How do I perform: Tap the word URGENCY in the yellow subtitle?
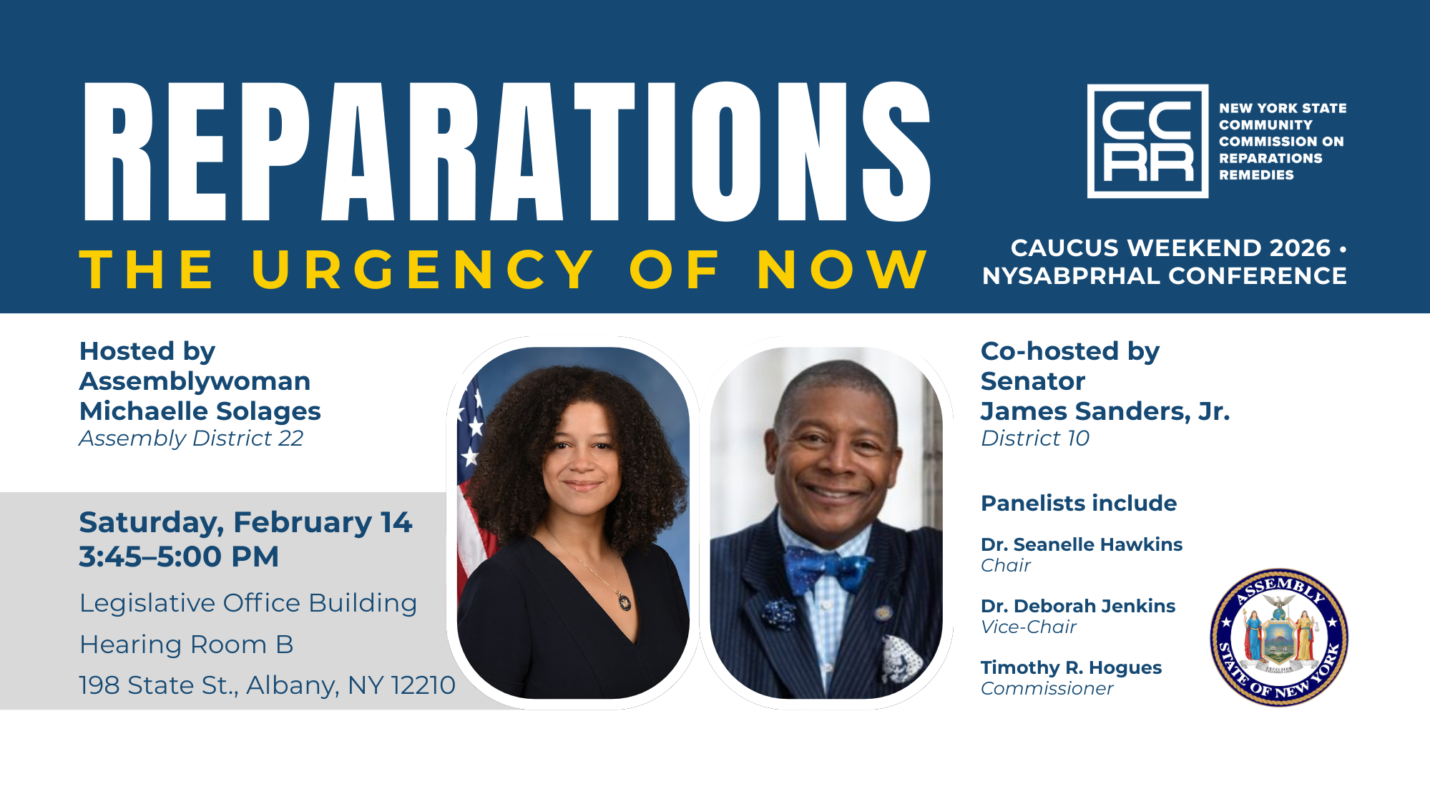tap(422, 270)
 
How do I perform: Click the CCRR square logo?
tap(1147, 141)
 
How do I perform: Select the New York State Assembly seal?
tap(1279, 637)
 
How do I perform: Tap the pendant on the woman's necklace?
tap(625, 602)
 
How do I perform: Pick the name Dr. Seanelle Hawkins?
tap(1082, 544)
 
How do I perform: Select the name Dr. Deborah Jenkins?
tap(1078, 606)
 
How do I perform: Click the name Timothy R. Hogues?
tap(1071, 667)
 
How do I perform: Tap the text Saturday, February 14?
tap(245, 523)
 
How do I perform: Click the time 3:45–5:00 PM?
tap(179, 557)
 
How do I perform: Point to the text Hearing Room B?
tap(187, 645)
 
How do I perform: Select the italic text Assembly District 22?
tap(191, 438)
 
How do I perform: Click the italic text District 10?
tap(1035, 438)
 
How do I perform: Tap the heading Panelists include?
tap(1079, 503)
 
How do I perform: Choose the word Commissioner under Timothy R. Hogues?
tap(1047, 688)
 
